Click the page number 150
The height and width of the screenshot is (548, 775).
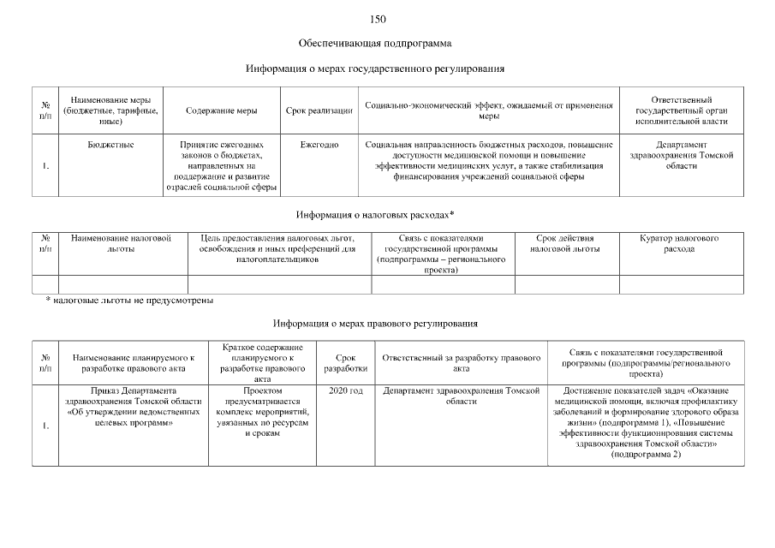378,19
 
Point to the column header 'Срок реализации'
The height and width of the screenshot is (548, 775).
319,110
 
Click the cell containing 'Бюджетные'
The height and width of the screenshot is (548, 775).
110,146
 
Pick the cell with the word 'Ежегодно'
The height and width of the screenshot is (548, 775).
319,146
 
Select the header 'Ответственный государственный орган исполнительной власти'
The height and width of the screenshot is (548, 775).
681,110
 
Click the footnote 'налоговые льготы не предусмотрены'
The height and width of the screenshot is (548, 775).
133,301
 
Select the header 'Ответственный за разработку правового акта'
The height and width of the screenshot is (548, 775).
461,362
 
